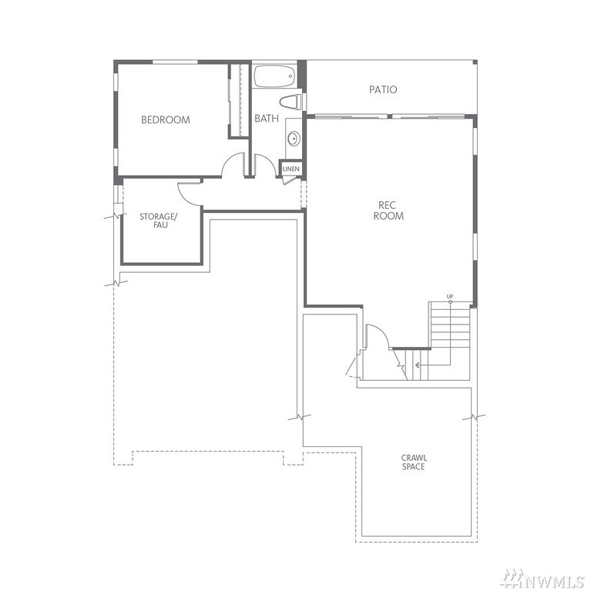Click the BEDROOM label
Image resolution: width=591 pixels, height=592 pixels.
[166, 119]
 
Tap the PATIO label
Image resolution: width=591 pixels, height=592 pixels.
[383, 89]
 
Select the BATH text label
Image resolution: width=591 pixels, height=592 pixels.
[267, 118]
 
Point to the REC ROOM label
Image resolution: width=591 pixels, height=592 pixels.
[388, 210]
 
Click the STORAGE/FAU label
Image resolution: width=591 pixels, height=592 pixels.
[158, 221]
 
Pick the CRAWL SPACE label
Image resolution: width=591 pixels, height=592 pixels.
[414, 462]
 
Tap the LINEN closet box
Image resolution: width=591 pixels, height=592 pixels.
[291, 169]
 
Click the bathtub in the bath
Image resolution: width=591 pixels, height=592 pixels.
[274, 76]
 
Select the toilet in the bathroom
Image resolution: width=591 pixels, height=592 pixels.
[290, 103]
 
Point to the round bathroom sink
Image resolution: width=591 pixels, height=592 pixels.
[294, 139]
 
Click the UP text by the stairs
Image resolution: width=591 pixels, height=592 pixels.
[450, 296]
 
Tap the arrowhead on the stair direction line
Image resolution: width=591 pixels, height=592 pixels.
[417, 365]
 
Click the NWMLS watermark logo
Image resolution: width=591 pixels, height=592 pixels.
[542, 578]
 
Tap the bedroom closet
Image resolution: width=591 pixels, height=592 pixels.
[239, 101]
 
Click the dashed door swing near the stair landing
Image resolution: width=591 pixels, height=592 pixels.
[351, 367]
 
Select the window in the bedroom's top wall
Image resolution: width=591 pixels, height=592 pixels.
[175, 62]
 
